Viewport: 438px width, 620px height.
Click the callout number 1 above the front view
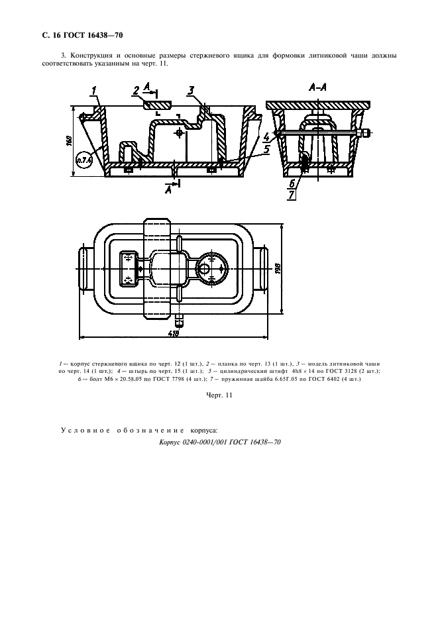pyautogui.click(x=94, y=91)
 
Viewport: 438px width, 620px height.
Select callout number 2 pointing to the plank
pyautogui.click(x=136, y=91)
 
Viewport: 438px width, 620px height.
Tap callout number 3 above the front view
pyautogui.click(x=191, y=91)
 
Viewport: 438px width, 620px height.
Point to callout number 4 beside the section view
pyautogui.click(x=266, y=137)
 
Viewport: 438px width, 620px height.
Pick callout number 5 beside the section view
pyautogui.click(x=266, y=149)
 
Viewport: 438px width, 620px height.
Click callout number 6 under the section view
pyautogui.click(x=292, y=183)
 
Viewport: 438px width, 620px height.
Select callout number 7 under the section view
pyautogui.click(x=292, y=195)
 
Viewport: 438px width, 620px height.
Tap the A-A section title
pyautogui.click(x=317, y=87)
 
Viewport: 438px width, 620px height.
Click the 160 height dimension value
pyautogui.click(x=68, y=141)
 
